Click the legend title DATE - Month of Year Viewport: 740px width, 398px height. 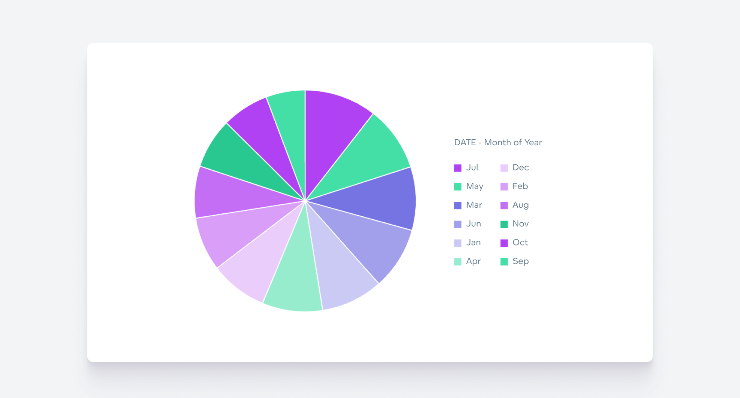click(498, 143)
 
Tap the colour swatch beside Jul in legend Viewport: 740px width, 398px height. click(458, 168)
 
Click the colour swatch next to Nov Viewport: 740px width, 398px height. click(504, 224)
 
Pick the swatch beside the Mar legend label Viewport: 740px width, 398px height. click(458, 205)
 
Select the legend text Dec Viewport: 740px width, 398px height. click(520, 167)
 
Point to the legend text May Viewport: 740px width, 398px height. click(475, 186)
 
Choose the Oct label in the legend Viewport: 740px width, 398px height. click(520, 243)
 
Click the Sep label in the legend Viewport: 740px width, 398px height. click(520, 261)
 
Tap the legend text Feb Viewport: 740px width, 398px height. click(520, 186)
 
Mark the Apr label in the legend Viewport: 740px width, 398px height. click(473, 261)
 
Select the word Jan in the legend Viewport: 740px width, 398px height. click(473, 243)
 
